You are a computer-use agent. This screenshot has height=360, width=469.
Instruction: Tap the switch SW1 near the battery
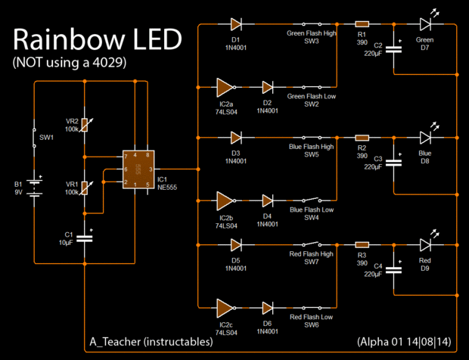coord(35,138)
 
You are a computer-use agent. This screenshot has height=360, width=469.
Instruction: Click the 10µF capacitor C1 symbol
coord(85,238)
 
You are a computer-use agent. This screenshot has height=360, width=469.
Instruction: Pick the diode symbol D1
coord(235,26)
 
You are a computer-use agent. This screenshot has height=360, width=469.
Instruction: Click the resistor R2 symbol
coord(362,138)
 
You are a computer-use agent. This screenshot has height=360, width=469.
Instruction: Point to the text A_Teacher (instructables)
coord(149,342)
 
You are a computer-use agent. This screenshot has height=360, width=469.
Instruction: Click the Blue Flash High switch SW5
coord(311,138)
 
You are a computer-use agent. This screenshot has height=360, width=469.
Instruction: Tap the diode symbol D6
coord(268,308)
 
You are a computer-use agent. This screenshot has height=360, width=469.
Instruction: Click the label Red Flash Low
coord(311,317)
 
